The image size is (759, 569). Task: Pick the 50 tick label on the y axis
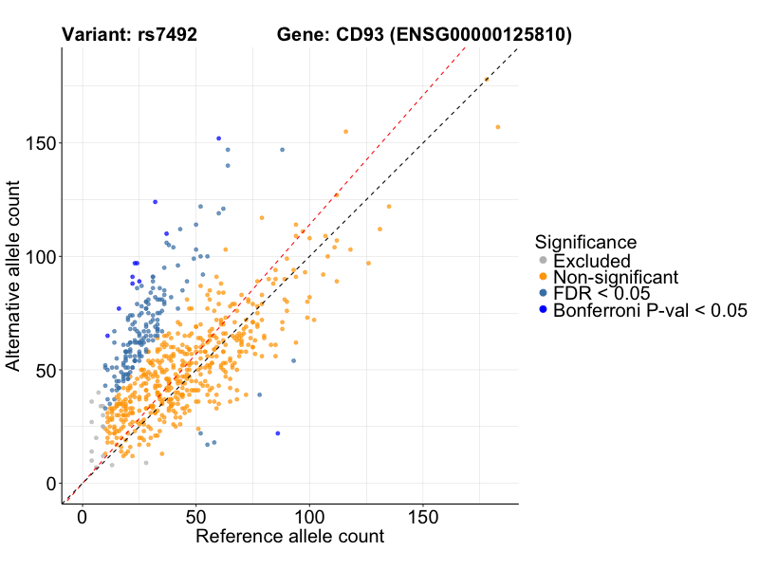(44, 370)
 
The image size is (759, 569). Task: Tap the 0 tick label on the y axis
(49, 484)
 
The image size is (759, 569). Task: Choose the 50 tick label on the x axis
(195, 519)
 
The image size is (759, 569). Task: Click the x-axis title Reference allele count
(289, 537)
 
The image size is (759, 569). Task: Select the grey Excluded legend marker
(543, 261)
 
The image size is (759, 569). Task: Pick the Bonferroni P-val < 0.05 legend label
(651, 310)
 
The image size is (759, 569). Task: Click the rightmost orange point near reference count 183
(498, 127)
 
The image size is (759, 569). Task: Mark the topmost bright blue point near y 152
(219, 138)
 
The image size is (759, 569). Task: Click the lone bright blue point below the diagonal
(278, 433)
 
